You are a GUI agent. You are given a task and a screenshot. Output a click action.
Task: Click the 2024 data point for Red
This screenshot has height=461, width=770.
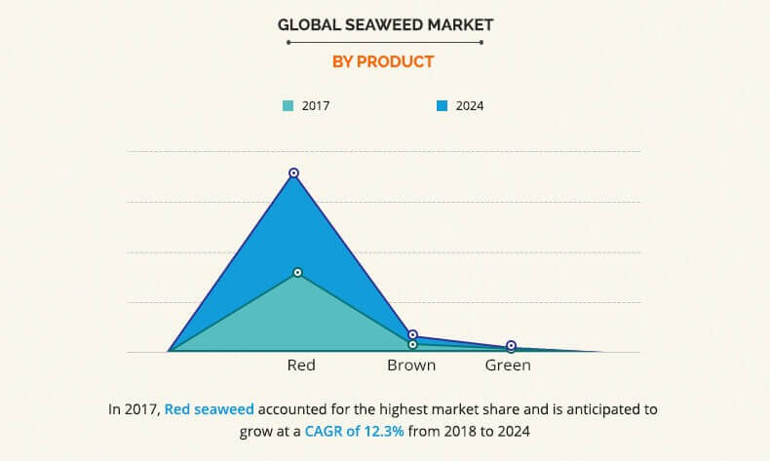click(293, 173)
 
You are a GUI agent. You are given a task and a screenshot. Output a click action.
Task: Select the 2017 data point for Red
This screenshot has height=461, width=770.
click(297, 272)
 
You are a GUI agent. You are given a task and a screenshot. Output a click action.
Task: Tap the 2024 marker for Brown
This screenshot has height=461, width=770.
click(412, 335)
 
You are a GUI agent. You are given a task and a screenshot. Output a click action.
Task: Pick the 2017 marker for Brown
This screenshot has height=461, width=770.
click(412, 344)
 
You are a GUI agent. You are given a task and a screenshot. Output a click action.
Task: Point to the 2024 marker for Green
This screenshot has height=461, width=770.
click(511, 346)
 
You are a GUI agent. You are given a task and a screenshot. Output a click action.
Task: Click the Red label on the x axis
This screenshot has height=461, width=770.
click(301, 365)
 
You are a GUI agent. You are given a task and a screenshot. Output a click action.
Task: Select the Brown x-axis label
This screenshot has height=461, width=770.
click(411, 365)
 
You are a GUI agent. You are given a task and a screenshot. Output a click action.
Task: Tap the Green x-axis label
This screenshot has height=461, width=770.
click(508, 365)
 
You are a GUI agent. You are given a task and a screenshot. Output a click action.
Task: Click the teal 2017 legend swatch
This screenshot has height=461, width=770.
click(288, 105)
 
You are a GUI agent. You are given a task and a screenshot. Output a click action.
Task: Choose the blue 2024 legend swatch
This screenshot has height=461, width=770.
click(442, 105)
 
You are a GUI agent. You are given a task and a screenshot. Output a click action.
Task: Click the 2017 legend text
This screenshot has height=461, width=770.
click(315, 105)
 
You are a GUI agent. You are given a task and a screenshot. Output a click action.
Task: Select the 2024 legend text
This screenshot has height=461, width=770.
click(469, 105)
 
